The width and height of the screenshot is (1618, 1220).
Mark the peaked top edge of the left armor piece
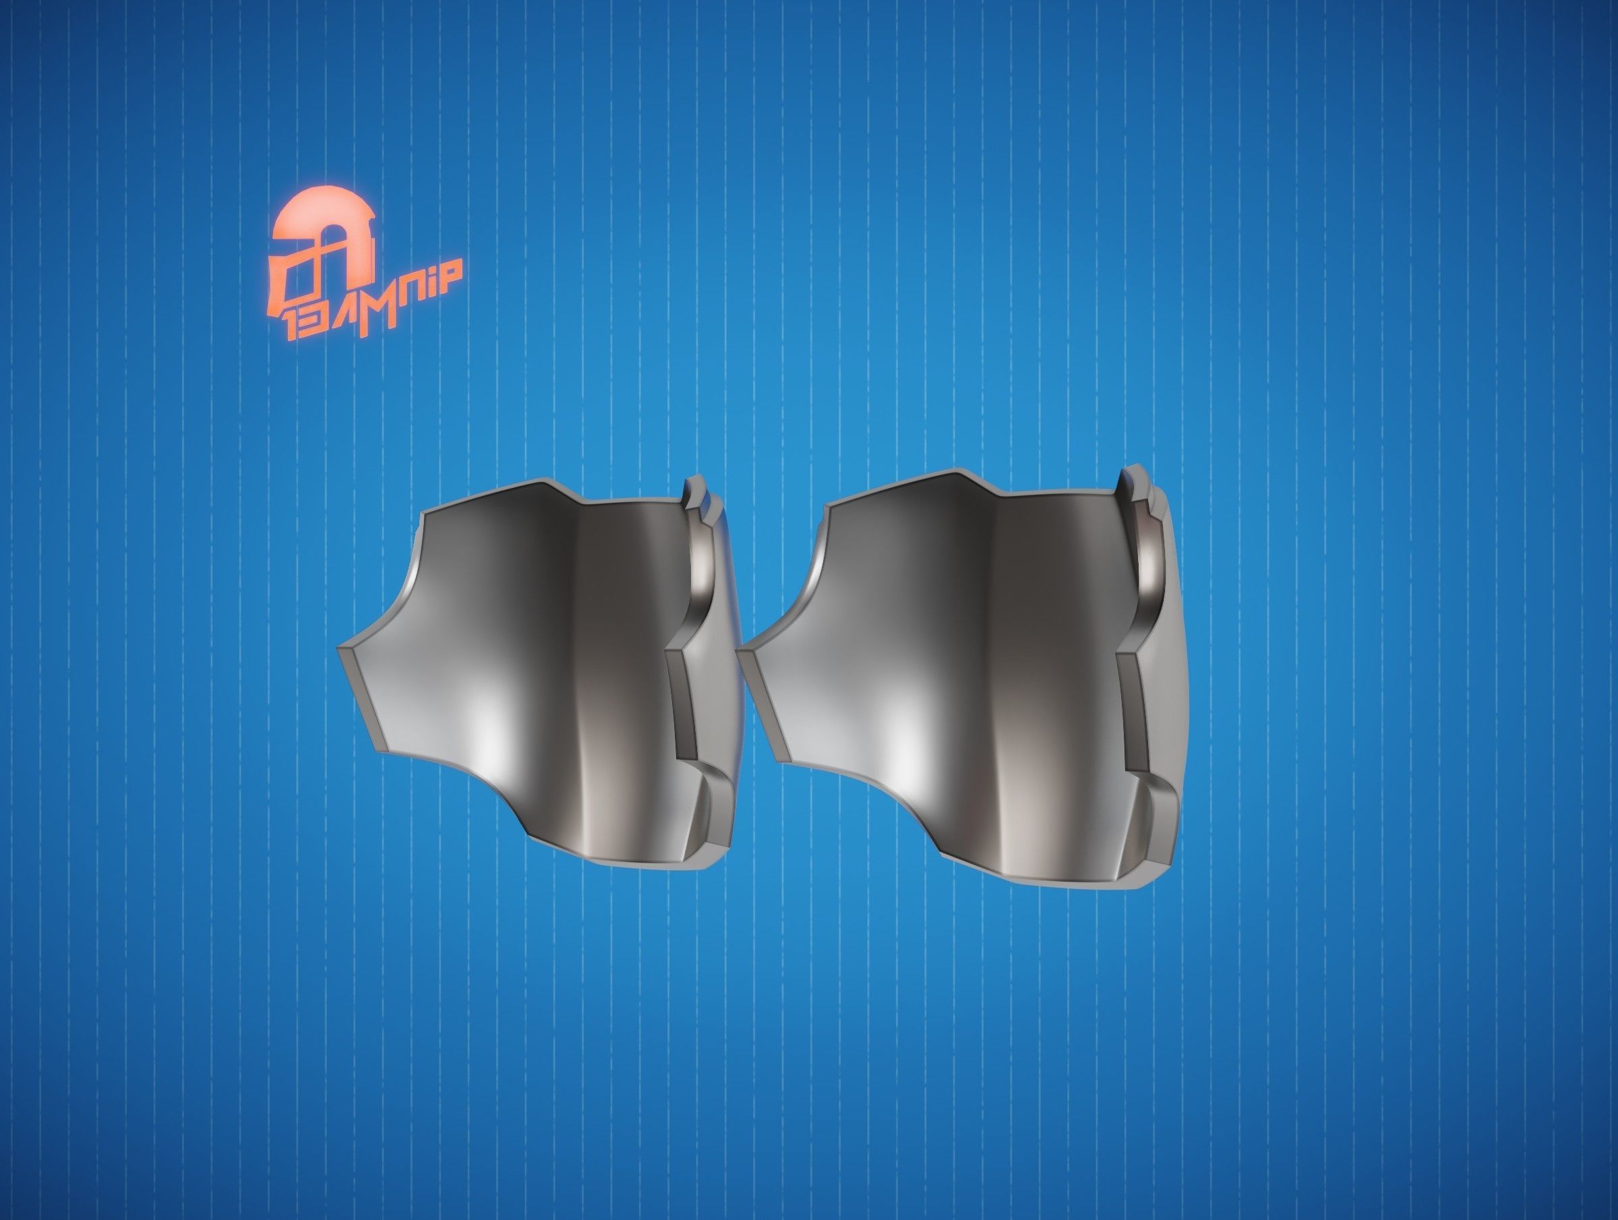point(549,483)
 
